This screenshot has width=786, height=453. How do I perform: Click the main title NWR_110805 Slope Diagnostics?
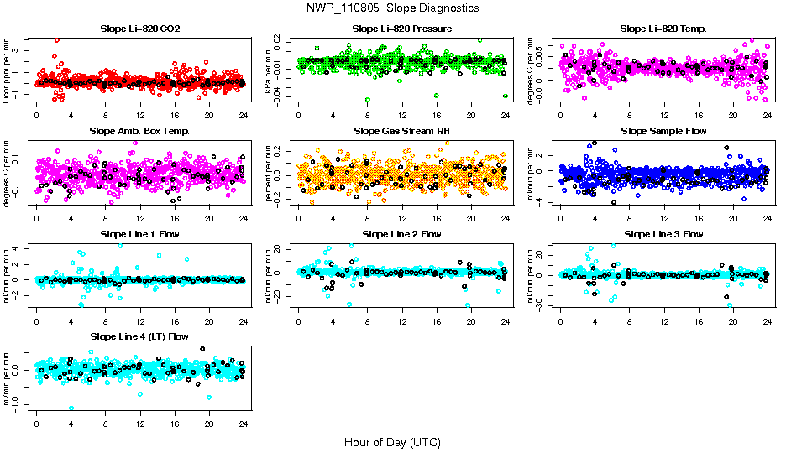392,8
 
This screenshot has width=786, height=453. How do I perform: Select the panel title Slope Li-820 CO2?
139,29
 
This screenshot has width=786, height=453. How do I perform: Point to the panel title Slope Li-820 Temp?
663,29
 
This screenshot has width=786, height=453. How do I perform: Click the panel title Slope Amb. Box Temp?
139,132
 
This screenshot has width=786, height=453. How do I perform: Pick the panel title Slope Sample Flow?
663,132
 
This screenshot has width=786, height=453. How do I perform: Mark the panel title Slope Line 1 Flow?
139,234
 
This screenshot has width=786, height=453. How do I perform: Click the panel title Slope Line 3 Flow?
663,234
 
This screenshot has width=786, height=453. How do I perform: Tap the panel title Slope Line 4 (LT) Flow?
139,337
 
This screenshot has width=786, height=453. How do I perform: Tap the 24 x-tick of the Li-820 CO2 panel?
244,116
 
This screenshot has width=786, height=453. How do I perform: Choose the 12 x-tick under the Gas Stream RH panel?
402,218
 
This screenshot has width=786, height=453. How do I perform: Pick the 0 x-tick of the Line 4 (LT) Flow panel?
36,424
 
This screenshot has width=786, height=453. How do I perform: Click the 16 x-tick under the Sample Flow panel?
699,218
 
